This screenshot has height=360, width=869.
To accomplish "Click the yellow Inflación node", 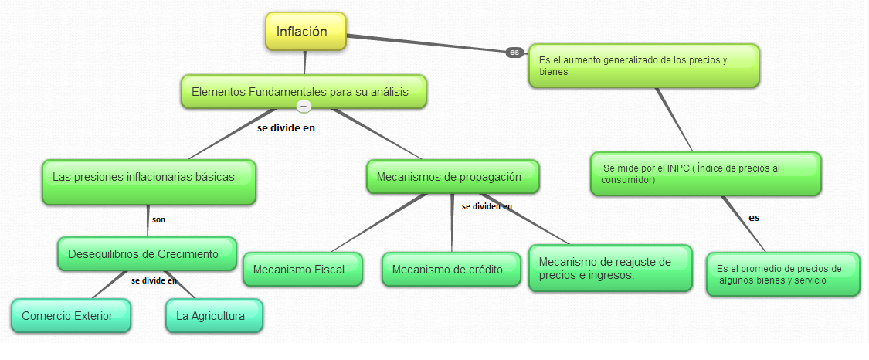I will coord(306,32).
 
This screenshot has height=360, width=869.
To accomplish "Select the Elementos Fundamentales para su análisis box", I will coord(304,92).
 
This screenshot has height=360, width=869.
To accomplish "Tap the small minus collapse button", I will coord(304,107).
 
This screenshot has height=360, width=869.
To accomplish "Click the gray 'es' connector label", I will coord(514,52).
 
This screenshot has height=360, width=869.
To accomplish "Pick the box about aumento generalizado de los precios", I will coord(643,66).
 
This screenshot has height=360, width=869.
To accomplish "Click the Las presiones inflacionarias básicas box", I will coord(148,182).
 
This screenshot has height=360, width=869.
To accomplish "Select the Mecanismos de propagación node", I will coord(452,177).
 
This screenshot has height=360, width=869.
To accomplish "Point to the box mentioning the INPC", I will coord(705,174).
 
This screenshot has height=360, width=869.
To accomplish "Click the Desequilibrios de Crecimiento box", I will coord(147,253).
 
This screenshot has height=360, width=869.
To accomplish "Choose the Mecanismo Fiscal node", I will coord(304,270).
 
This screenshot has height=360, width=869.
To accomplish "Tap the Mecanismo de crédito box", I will coord(450,270).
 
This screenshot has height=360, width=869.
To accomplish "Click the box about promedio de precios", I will coord(782,274).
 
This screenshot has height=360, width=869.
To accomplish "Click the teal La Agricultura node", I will coord(213,316).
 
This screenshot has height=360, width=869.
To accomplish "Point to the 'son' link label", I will coord(158,219).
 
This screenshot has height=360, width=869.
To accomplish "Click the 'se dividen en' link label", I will coord(487,206).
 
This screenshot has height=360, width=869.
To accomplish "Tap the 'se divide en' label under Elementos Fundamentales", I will coord(286,127).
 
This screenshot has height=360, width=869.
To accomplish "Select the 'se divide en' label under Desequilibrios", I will coord(154,280).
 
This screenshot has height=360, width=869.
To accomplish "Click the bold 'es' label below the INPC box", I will coord(754,218).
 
